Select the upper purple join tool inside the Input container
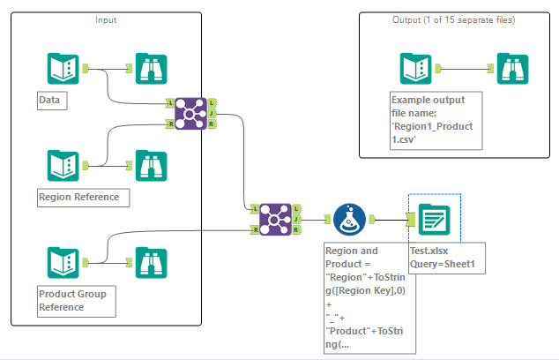coord(190,114)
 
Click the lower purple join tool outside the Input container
coord(275,219)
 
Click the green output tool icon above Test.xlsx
coord(433,219)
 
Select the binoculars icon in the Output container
coord(511,68)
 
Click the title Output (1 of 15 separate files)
coord(452,19)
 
